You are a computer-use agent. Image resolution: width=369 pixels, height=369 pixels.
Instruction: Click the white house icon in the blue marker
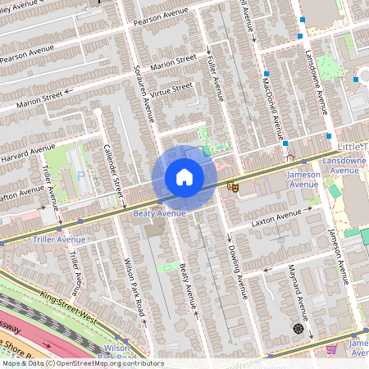184,177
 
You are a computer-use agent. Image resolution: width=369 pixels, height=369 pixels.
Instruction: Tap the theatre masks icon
233,188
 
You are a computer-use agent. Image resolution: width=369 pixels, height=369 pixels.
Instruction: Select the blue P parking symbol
80,175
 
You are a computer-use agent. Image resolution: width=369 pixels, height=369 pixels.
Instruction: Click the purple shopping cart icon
331,348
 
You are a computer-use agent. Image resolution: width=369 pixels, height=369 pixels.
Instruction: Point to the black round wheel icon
298,329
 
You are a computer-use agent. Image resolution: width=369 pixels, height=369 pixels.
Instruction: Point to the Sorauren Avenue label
143,90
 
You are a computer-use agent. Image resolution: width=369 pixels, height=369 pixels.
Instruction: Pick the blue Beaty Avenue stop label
159,213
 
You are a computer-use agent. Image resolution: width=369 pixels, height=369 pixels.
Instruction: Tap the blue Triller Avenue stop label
60,239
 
